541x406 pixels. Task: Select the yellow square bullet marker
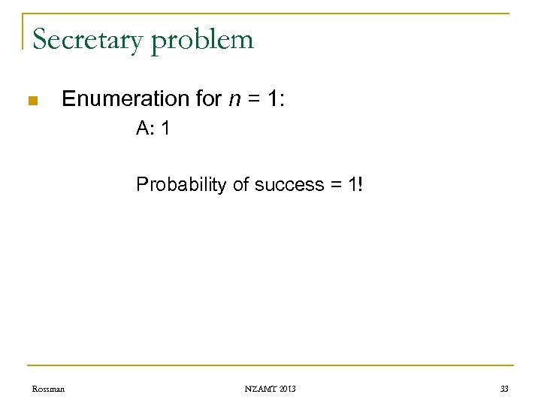tap(32, 101)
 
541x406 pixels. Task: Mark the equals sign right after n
tap(252, 99)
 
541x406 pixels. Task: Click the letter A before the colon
tap(143, 129)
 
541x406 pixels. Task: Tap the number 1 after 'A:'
tap(165, 129)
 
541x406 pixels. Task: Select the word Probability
tap(181, 184)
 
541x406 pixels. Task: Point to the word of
tap(241, 184)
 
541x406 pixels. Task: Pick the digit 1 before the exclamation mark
tap(349, 184)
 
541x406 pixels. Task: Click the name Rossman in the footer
tap(48, 389)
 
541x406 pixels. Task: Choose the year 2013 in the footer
tap(288, 389)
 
